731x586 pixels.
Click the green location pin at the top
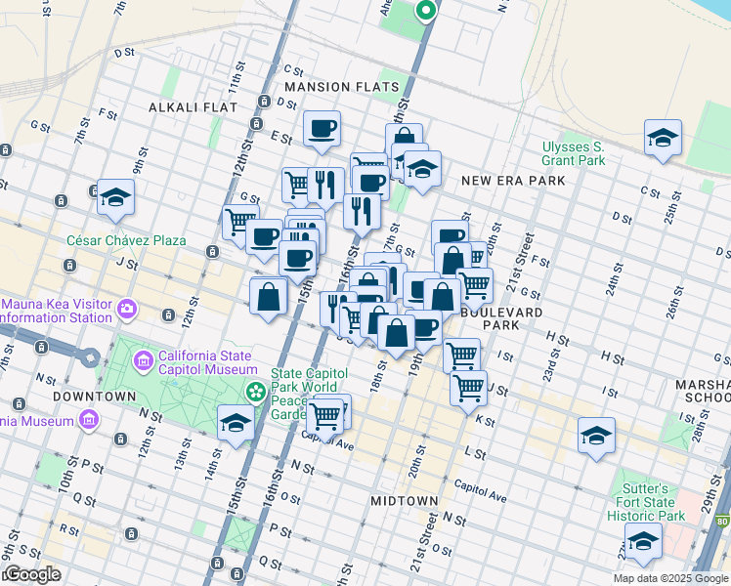[425, 12]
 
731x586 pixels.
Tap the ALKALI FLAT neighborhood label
[186, 105]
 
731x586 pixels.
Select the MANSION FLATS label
[342, 87]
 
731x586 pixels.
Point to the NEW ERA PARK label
[513, 181]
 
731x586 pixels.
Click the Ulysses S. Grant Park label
[574, 153]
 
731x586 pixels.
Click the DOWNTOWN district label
[94, 397]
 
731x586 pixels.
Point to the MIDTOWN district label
[404, 500]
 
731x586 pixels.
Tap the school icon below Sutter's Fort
[643, 541]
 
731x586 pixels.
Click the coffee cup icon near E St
[322, 129]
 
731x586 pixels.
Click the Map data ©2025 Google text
[669, 578]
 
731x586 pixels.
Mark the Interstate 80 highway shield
[722, 524]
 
